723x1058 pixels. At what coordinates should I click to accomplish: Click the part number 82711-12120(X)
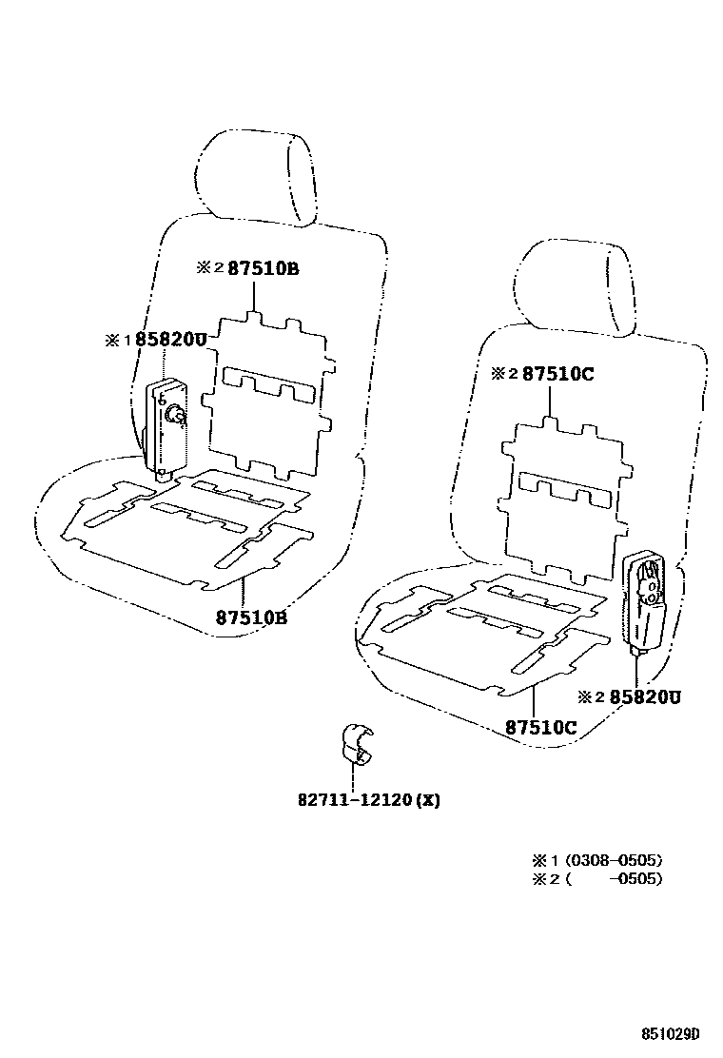point(368,799)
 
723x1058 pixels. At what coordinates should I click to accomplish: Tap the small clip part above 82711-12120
point(357,744)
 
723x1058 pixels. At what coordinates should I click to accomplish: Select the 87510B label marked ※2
point(248,268)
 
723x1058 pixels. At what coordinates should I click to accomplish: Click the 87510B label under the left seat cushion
point(251,617)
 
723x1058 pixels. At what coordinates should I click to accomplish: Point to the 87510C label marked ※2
point(543,374)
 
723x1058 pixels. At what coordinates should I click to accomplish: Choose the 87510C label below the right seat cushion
point(540,728)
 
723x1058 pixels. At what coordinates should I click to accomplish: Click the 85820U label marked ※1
point(156,340)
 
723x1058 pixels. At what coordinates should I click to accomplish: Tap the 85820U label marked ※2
point(632,697)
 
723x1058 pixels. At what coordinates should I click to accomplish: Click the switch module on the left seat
point(166,423)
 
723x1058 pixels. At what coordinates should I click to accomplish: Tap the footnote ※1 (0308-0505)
point(597,860)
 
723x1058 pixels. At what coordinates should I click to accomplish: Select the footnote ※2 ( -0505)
point(597,878)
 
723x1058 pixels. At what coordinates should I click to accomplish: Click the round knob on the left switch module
point(176,415)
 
